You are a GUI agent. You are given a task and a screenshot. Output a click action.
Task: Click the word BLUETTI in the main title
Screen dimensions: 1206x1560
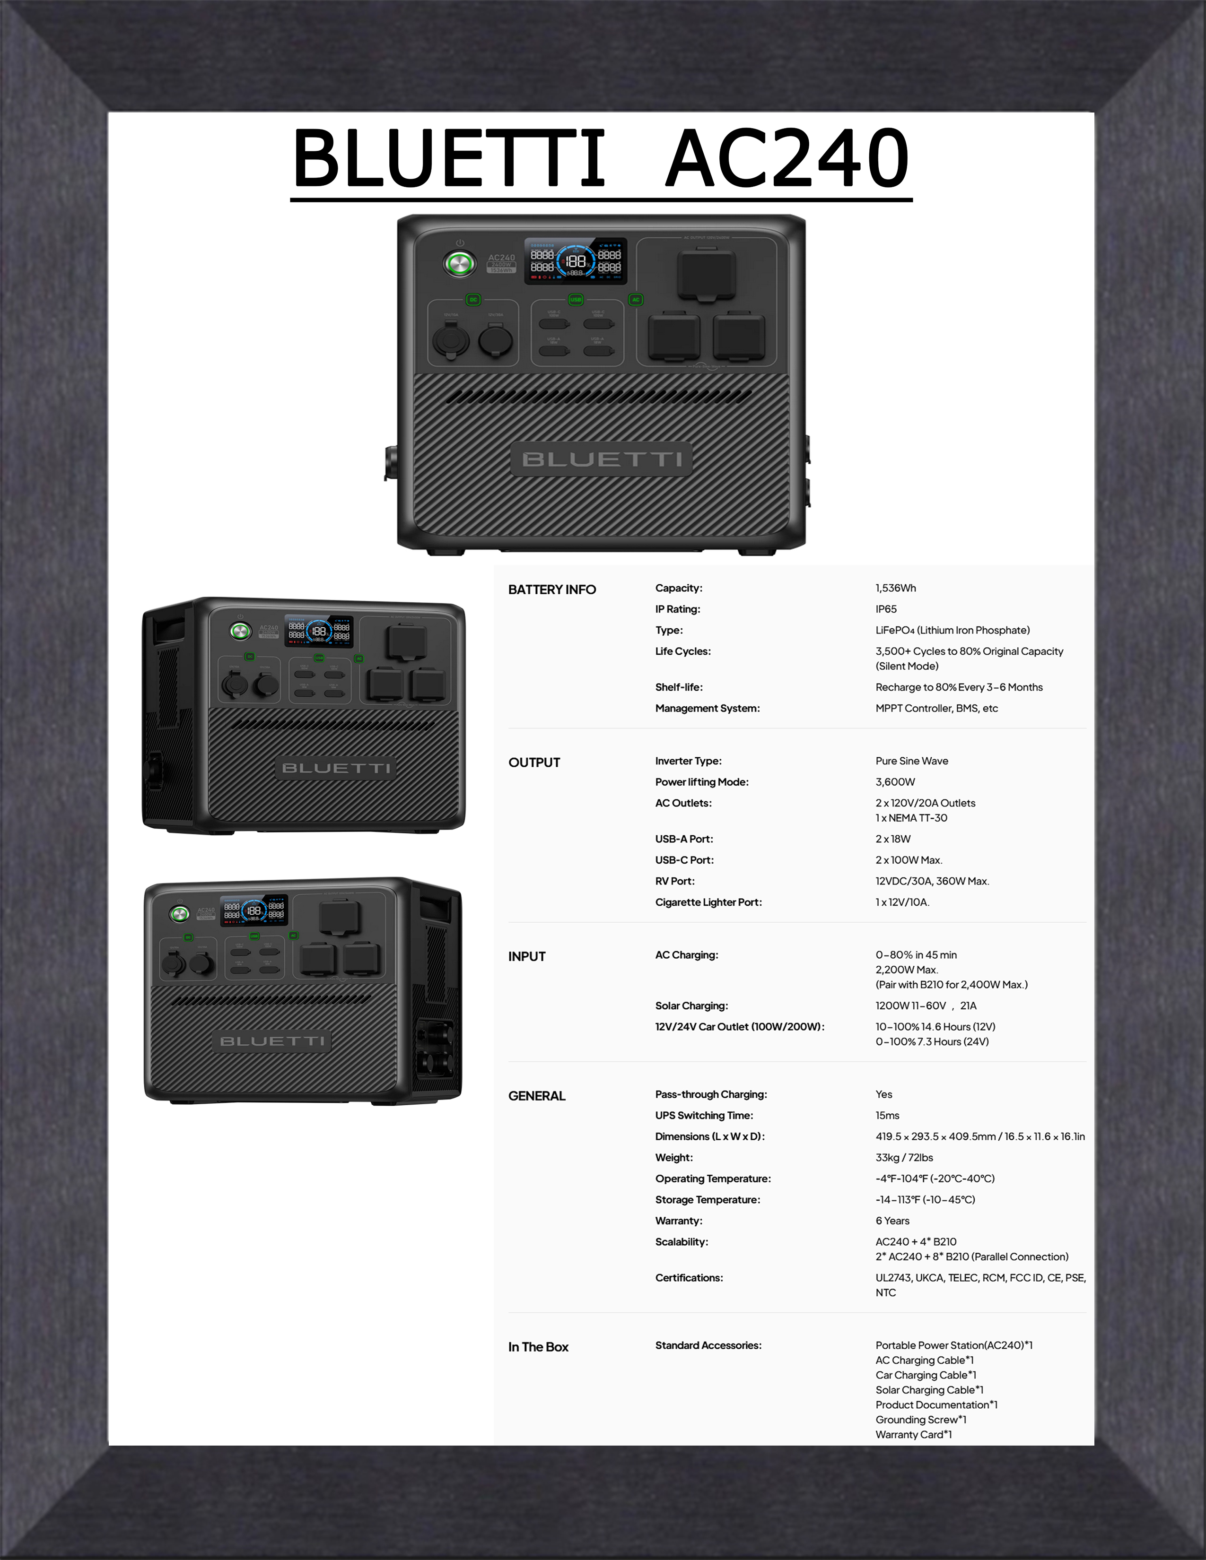(x=449, y=158)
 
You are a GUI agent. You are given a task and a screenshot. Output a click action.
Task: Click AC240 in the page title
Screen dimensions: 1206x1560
(x=787, y=158)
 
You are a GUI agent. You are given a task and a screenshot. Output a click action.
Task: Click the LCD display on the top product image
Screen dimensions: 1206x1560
(x=576, y=261)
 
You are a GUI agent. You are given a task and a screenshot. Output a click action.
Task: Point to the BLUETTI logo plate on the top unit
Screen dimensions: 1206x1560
(x=602, y=459)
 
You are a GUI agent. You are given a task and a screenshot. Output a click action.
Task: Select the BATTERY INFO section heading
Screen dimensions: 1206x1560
(x=551, y=589)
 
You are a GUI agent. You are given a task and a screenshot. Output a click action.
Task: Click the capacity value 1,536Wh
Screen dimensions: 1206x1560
(x=895, y=588)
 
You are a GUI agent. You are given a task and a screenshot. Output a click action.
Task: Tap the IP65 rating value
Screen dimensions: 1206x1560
(x=886, y=609)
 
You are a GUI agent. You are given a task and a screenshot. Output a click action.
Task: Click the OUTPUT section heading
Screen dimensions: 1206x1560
(x=533, y=762)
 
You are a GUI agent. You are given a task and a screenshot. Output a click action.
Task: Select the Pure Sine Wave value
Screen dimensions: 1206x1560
(x=912, y=761)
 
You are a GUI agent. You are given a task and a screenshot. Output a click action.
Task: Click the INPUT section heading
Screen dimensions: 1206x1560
(x=526, y=956)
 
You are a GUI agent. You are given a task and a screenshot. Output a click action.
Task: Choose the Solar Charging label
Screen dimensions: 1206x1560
(x=691, y=1005)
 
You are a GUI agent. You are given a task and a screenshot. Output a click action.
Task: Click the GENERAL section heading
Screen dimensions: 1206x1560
(x=537, y=1096)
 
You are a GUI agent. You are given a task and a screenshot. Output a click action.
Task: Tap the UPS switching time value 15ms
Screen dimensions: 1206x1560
(x=887, y=1115)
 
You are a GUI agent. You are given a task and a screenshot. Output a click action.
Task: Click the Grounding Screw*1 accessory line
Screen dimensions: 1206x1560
(x=921, y=1419)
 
